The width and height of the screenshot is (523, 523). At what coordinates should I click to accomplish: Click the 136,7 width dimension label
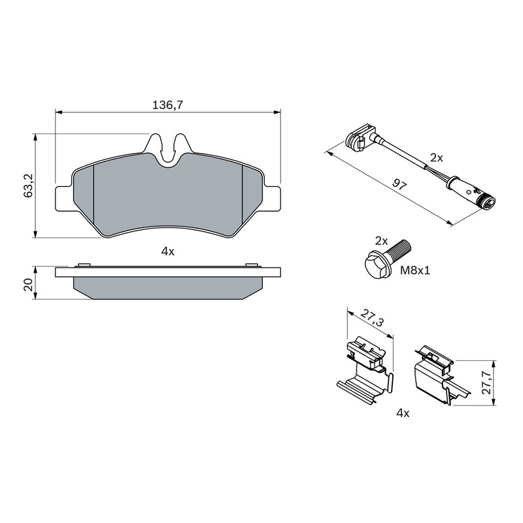pos(168,105)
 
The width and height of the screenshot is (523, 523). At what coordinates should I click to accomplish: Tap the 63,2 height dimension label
pos(28,185)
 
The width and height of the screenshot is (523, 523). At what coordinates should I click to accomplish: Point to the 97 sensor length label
pos(399,184)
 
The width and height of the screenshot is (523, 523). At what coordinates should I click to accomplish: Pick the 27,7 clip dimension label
pos(488,382)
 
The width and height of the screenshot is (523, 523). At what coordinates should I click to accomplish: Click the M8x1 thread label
pos(415,270)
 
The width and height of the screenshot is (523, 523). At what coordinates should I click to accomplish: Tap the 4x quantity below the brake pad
pos(168,252)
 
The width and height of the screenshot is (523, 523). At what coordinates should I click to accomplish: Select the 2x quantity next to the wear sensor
pos(437,158)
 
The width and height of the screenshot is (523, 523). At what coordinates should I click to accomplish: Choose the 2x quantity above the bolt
pos(381,241)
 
